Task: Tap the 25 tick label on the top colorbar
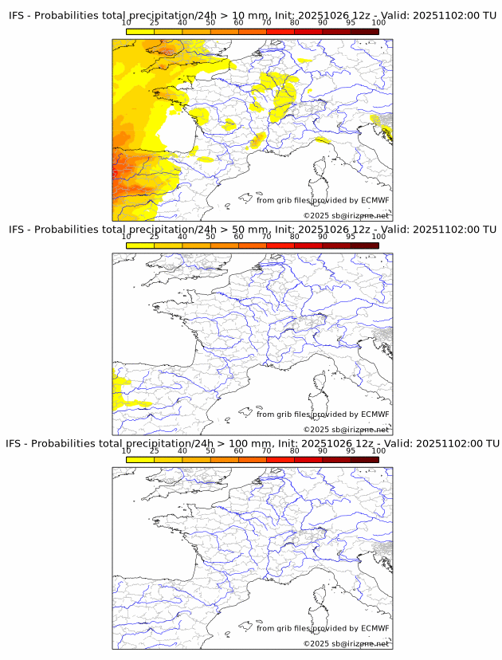tap(155, 22)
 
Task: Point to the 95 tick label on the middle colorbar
tap(351, 237)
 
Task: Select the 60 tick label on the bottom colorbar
tap(238, 450)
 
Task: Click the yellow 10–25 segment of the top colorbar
tap(140, 32)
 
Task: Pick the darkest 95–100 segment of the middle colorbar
tap(365, 246)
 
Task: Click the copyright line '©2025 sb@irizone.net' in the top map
tap(346, 216)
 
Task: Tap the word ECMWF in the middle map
tap(375, 414)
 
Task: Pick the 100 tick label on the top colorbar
tap(378, 22)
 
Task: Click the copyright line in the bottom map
tap(346, 643)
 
